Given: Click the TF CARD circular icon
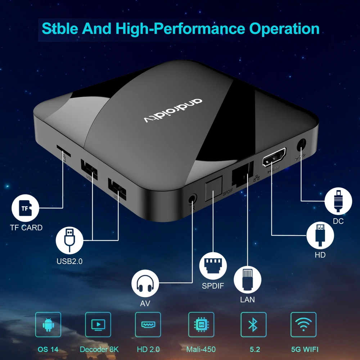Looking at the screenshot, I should (x=25, y=208).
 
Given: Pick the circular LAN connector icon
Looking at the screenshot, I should (x=247, y=280).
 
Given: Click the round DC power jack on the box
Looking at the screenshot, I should (x=301, y=145).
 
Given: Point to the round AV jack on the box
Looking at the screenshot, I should (x=193, y=199).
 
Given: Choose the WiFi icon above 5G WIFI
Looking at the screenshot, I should (x=303, y=324).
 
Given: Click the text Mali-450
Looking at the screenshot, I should (x=201, y=349).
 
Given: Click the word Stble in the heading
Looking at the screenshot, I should (x=63, y=28).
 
